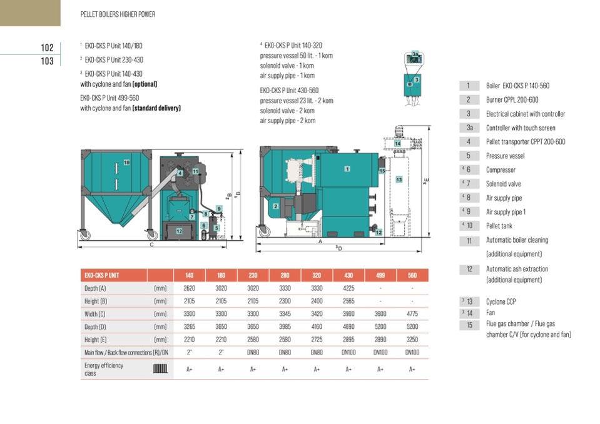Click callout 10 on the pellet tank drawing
coord(126,163)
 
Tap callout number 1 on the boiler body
coord(347,169)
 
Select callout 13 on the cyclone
coord(399,179)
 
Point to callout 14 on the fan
coord(397,144)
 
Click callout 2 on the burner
coord(276,206)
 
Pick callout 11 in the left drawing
coord(195,171)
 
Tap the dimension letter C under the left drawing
coord(151,245)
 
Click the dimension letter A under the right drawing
coord(320,241)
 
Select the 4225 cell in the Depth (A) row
coord(348,289)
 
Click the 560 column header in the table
coord(412,275)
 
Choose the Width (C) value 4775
coord(412,314)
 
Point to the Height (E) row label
coord(95,340)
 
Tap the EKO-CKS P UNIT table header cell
coord(102,275)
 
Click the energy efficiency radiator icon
coord(160,369)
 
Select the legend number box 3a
coord(469,128)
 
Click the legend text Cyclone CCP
coord(501,301)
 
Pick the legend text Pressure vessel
coord(505,156)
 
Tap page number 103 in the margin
coord(47,61)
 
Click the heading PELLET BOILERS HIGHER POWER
coord(118,14)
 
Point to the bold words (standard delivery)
coord(156,108)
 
